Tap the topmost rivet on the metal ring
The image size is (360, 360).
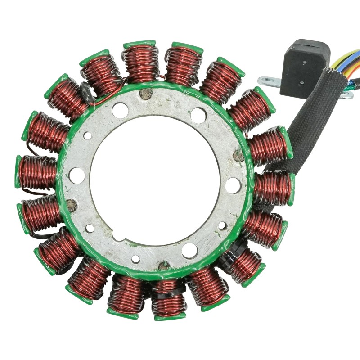click(145, 94)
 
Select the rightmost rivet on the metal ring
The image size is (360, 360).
click(238, 156)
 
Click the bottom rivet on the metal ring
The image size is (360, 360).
click(164, 265)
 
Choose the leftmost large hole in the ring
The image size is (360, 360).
click(77, 175)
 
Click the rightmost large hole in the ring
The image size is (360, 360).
click(233, 185)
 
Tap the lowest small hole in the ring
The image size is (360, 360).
click(135, 259)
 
